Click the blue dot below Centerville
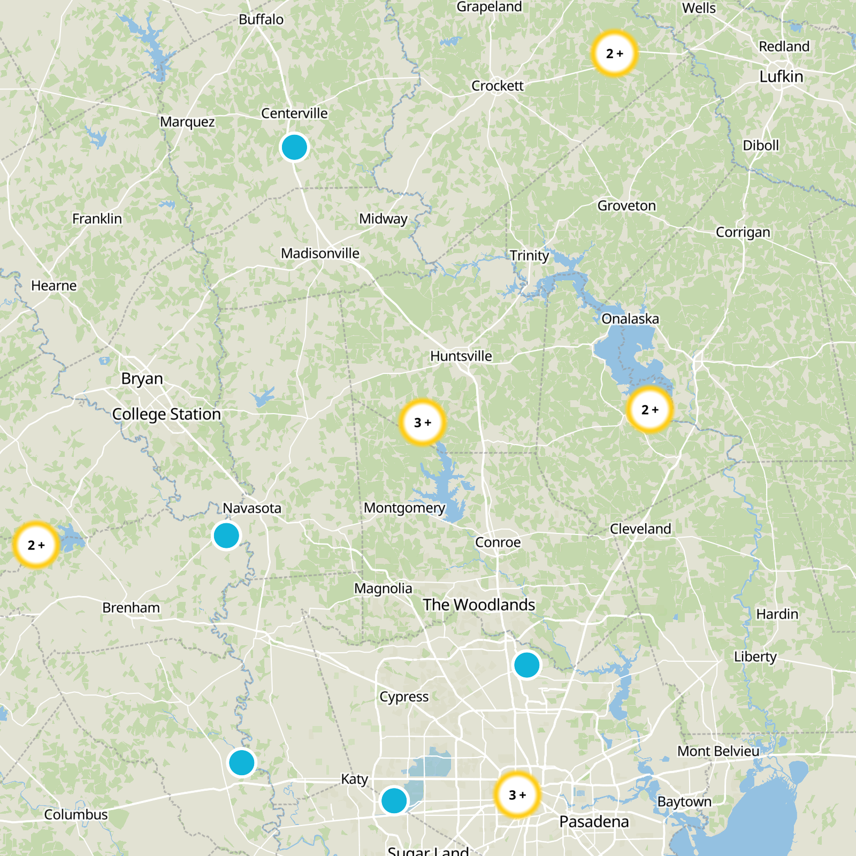(294, 147)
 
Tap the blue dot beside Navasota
(226, 535)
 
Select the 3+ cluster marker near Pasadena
(517, 794)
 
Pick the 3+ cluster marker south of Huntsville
(423, 422)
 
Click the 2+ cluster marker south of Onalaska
(650, 409)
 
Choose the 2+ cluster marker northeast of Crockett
(615, 53)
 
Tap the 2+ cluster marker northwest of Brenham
(36, 545)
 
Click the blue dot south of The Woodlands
(527, 665)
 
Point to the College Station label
(166, 414)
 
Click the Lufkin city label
(781, 77)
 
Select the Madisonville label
(320, 253)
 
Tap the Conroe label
(498, 542)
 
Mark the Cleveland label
(640, 529)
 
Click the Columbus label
(76, 814)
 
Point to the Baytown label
(684, 801)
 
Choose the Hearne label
(54, 286)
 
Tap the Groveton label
(626, 205)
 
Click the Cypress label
(404, 697)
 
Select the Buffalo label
(261, 20)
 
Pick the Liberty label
(755, 656)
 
